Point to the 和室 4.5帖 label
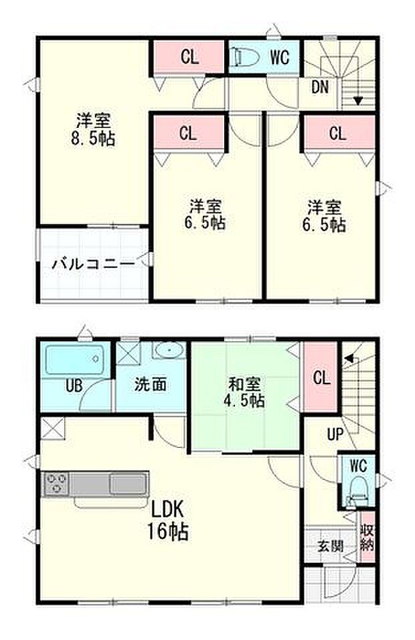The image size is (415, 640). (x=246, y=392)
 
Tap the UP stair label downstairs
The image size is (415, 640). (x=335, y=434)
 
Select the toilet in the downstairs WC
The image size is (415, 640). (x=358, y=492)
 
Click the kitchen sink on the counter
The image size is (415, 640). (x=128, y=483)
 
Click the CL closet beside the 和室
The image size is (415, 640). (x=321, y=378)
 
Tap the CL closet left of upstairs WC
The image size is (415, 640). (x=189, y=58)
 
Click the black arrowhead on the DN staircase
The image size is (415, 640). (x=358, y=101)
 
